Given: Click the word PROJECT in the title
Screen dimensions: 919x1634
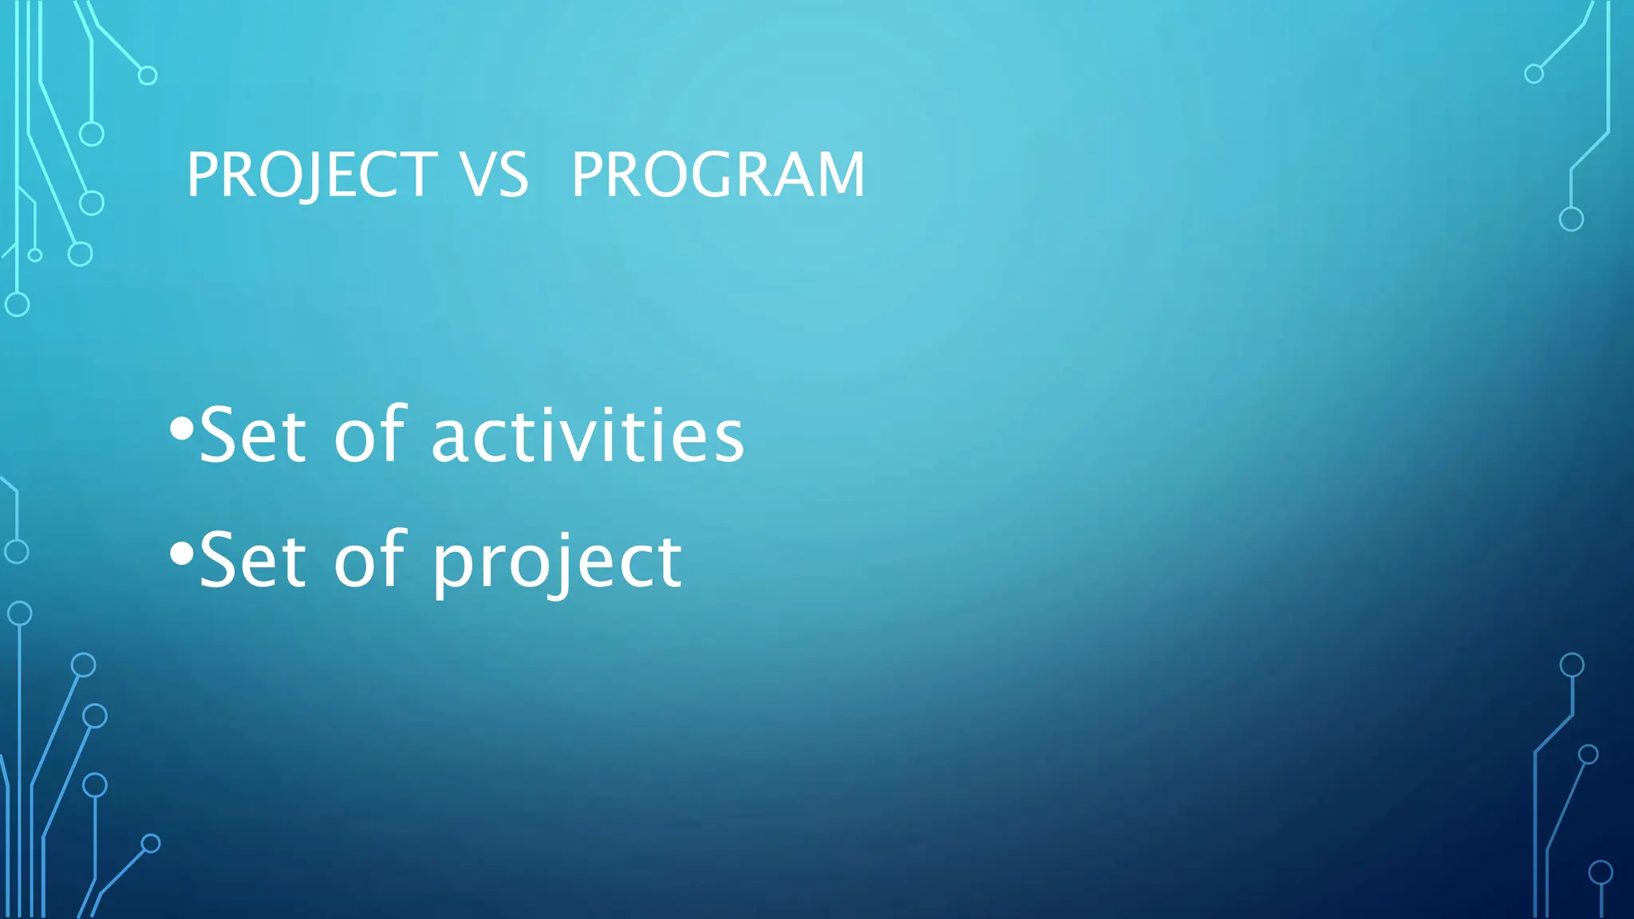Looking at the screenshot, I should coord(311,175).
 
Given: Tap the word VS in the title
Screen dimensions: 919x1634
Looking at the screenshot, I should coord(494,175).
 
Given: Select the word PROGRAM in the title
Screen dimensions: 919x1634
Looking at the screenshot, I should coord(718,175).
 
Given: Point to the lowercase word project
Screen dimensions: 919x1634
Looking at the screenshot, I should coord(557,562).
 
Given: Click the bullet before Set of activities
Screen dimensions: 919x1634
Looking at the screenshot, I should coord(182,429).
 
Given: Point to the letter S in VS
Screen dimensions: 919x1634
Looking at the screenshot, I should coord(513,175).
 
